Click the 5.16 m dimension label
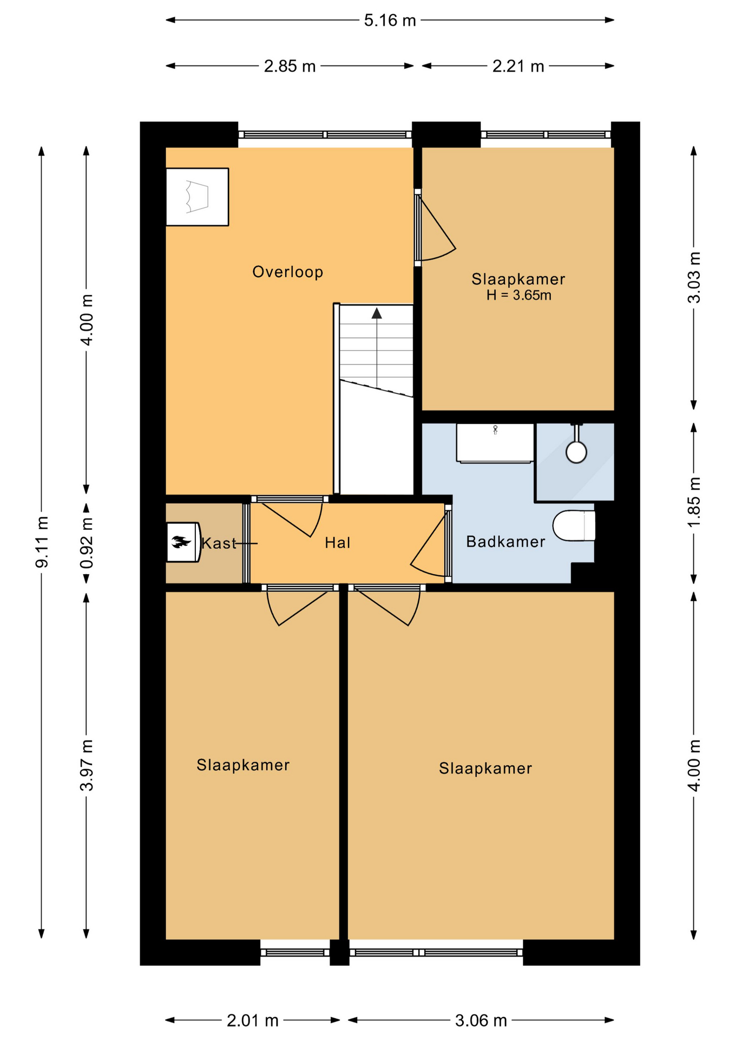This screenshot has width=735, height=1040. point(390,21)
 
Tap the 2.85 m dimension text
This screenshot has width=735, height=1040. point(290,66)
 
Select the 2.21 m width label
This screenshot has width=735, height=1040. point(518,66)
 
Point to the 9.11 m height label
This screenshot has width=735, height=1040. point(42,542)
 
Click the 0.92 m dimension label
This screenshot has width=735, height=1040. point(87,542)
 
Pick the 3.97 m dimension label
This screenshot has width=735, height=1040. point(87,765)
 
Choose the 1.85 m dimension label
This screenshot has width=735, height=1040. point(694,502)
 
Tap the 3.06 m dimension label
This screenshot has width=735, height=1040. point(481,1020)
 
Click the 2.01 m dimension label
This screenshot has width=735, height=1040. point(252,1020)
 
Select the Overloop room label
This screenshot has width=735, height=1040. point(288,271)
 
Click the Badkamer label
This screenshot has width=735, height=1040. point(506,542)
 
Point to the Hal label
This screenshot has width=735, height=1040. point(338,543)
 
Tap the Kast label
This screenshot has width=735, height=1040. point(219,543)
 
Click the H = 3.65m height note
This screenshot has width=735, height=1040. point(519,295)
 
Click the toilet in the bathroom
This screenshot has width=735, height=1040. point(574,525)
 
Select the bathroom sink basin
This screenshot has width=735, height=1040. point(495,443)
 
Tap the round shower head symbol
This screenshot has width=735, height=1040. point(576,452)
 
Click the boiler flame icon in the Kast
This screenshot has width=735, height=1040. point(181,542)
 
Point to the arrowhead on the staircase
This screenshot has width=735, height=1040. point(377,313)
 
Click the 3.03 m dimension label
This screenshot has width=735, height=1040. point(694,277)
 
